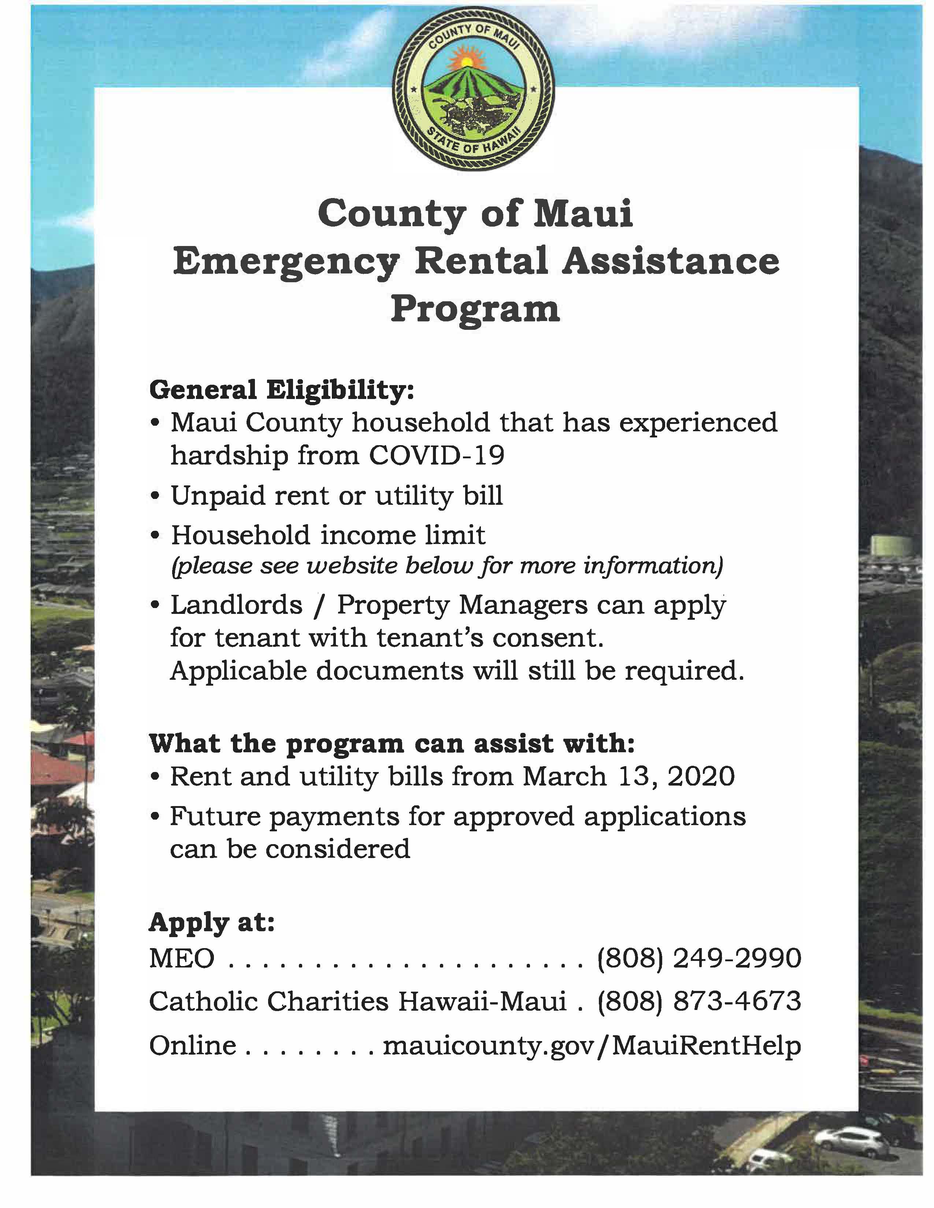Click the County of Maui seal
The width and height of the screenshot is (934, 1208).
(x=473, y=89)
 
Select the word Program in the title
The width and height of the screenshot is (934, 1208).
(x=475, y=309)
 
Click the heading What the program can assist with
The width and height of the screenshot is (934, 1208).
(x=392, y=744)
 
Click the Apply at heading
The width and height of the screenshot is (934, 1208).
(x=212, y=922)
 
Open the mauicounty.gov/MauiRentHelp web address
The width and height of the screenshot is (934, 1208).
(x=592, y=1045)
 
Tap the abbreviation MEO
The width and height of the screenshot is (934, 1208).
(x=181, y=959)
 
